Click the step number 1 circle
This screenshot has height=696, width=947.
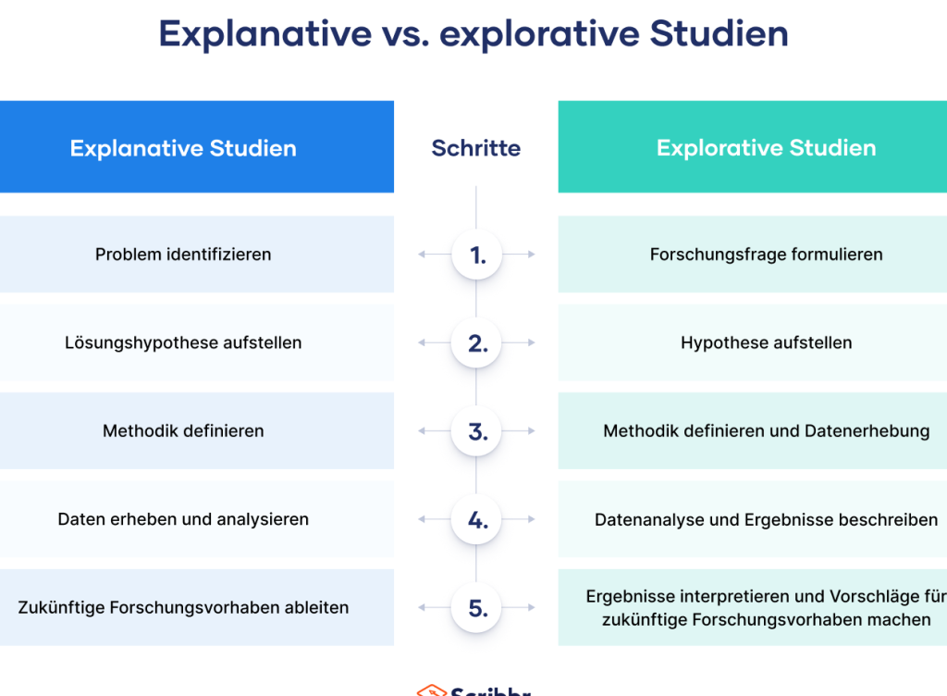[x=476, y=255]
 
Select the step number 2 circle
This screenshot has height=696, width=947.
[x=476, y=342]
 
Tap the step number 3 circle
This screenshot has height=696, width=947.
[x=476, y=430]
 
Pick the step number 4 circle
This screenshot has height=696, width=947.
[x=476, y=519]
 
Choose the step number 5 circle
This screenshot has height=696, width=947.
[x=476, y=607]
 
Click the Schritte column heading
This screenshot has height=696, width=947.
[x=476, y=148]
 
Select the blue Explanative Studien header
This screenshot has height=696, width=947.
[x=197, y=147]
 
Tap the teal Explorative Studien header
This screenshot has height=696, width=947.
[x=753, y=147]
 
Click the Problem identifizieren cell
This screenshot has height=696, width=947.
[x=197, y=255]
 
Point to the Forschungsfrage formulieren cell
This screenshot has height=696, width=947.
[x=753, y=255]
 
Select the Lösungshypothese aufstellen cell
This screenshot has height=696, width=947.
[x=197, y=342]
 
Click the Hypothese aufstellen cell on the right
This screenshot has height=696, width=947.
[x=753, y=342]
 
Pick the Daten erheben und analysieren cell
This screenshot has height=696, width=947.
[x=197, y=519]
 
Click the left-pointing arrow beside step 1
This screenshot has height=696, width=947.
[x=435, y=255]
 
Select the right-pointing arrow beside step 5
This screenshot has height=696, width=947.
[x=518, y=607]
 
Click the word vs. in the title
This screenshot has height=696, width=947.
[x=405, y=34]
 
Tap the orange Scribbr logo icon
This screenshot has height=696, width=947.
[x=431, y=690]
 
